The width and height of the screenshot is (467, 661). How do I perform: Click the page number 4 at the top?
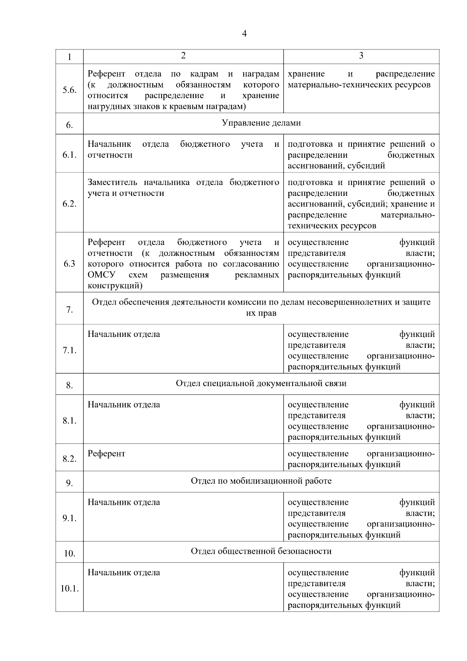pyautogui.click(x=244, y=34)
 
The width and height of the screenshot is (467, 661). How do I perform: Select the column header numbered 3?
pyautogui.click(x=361, y=56)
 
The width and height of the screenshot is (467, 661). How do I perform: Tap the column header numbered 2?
pyautogui.click(x=183, y=56)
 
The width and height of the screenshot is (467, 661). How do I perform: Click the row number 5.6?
pyautogui.click(x=69, y=90)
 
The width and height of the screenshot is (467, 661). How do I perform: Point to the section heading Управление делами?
pyautogui.click(x=261, y=123)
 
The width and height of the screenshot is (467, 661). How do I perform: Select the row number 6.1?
pyautogui.click(x=69, y=155)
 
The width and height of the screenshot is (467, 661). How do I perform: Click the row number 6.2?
pyautogui.click(x=69, y=204)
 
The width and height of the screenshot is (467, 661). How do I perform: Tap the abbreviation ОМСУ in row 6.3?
pyautogui.click(x=101, y=275)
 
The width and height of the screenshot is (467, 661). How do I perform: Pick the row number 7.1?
pyautogui.click(x=69, y=351)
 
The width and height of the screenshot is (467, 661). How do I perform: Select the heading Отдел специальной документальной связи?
pyautogui.click(x=261, y=383)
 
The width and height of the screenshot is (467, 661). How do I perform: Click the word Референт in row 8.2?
pyautogui.click(x=106, y=453)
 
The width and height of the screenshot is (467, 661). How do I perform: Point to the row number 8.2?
pyautogui.click(x=69, y=459)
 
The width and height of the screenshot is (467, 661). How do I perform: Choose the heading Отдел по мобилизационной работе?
pyautogui.click(x=261, y=481)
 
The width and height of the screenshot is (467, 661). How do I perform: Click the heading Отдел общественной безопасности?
pyautogui.click(x=261, y=551)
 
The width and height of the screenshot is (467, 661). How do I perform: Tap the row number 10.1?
pyautogui.click(x=69, y=589)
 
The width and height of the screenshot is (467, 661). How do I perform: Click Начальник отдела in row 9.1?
pyautogui.click(x=124, y=502)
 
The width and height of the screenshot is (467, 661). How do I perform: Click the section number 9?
pyautogui.click(x=69, y=483)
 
